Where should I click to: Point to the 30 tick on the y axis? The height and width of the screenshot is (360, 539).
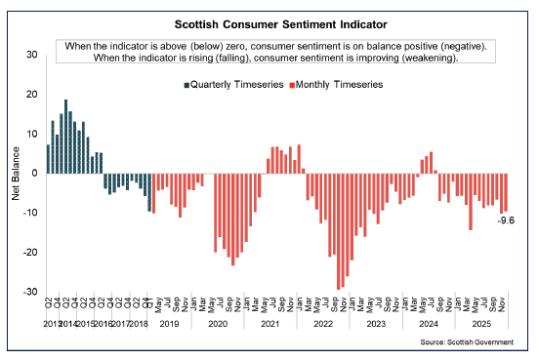pyautogui.click(x=33, y=55)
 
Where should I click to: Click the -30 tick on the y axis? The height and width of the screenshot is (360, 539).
pyautogui.click(x=31, y=292)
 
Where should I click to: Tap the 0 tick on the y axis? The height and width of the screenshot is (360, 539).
pyautogui.click(x=35, y=173)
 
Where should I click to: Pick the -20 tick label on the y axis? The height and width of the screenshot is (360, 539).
pyautogui.click(x=31, y=252)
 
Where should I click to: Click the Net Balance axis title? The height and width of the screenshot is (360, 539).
pyautogui.click(x=16, y=174)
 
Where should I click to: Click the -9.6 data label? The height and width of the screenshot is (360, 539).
pyautogui.click(x=507, y=220)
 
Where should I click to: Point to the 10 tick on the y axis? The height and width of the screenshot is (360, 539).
pyautogui.click(x=33, y=134)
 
